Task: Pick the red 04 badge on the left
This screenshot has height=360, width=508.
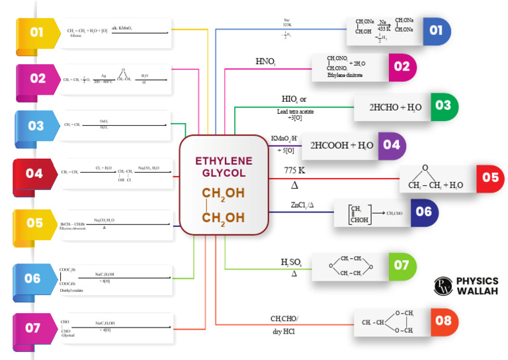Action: (x=34, y=173)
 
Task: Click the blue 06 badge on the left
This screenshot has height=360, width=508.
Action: (x=33, y=279)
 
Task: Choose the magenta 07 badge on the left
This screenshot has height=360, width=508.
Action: (x=33, y=328)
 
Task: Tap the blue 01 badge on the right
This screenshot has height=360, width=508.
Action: (x=436, y=30)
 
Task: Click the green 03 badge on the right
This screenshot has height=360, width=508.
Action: (x=443, y=106)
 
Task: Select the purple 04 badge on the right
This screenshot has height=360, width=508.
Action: (x=391, y=145)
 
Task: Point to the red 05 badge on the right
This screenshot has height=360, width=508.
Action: (x=490, y=178)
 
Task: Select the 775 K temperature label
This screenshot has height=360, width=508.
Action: (x=294, y=171)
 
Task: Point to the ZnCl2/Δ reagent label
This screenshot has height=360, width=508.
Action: (x=302, y=204)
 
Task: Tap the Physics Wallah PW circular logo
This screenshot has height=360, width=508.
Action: (x=443, y=286)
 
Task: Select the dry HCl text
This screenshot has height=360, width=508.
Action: (x=284, y=331)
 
